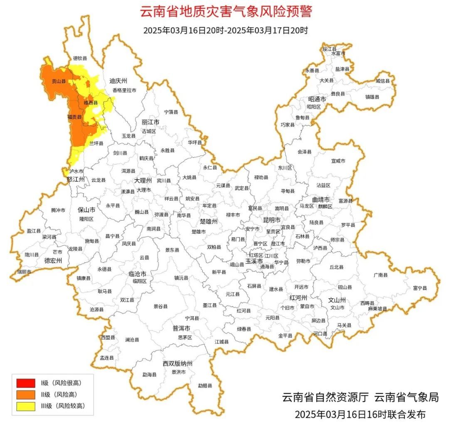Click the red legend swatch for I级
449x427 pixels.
(25, 382)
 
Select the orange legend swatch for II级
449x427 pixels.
(25, 394)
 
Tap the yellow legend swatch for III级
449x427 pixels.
(25, 406)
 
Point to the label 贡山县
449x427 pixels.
(58, 82)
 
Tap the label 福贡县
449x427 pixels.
(74, 118)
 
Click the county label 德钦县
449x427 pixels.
(80, 59)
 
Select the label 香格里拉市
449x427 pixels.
(124, 90)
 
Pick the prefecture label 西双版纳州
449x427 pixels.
(178, 363)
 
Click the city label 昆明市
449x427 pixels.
(271, 219)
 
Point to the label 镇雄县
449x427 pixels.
(372, 97)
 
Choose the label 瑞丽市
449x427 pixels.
(24, 272)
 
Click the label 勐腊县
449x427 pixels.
(205, 385)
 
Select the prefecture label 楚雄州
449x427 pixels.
(209, 221)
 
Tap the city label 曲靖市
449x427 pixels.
(321, 199)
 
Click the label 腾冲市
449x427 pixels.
(58, 210)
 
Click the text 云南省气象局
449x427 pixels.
(406, 398)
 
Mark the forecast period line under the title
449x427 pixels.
(226, 30)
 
